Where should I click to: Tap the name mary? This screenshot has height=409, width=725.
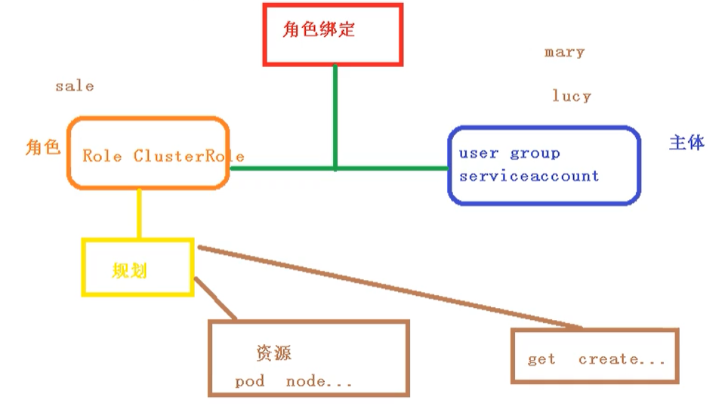[564, 52]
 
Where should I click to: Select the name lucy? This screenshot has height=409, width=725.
[571, 96]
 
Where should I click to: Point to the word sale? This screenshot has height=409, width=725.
[74, 86]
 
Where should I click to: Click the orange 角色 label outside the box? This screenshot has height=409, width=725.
[42, 147]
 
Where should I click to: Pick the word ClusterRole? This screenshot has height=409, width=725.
[189, 156]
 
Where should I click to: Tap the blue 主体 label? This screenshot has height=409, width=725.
[686, 143]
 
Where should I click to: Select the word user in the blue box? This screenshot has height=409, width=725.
[479, 153]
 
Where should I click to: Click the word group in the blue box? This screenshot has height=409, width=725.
[535, 154]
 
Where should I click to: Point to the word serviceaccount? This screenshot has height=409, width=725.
[529, 176]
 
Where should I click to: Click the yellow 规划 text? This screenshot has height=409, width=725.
[129, 270]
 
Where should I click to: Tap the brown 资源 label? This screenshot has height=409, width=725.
[273, 352]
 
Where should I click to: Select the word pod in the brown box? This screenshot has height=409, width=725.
[249, 381]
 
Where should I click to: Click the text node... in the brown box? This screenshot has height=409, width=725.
[319, 381]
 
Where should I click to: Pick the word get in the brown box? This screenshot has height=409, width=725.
[541, 359]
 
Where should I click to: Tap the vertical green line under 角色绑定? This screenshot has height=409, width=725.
[335, 113]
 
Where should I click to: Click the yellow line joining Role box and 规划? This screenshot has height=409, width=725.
[139, 214]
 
